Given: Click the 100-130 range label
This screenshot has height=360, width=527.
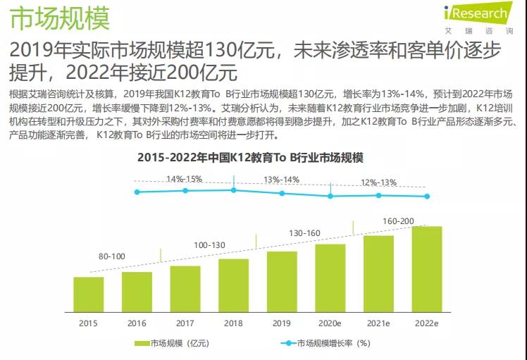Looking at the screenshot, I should (209, 244).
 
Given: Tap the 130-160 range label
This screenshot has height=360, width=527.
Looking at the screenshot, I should (305, 233).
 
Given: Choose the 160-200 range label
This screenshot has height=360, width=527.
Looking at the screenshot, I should (398, 221).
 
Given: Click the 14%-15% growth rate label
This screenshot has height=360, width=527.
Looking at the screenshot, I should (185, 178).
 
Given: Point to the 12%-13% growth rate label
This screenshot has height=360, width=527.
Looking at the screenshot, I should (378, 182).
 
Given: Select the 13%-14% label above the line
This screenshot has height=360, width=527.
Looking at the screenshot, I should (282, 179).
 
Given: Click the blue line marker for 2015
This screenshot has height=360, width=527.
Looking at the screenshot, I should (138, 192).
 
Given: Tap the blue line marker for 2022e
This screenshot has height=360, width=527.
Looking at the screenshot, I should (427, 197).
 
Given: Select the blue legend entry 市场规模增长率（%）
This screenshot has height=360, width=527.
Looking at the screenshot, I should (325, 343).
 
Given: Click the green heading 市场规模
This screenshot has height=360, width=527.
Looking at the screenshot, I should (60, 19).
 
